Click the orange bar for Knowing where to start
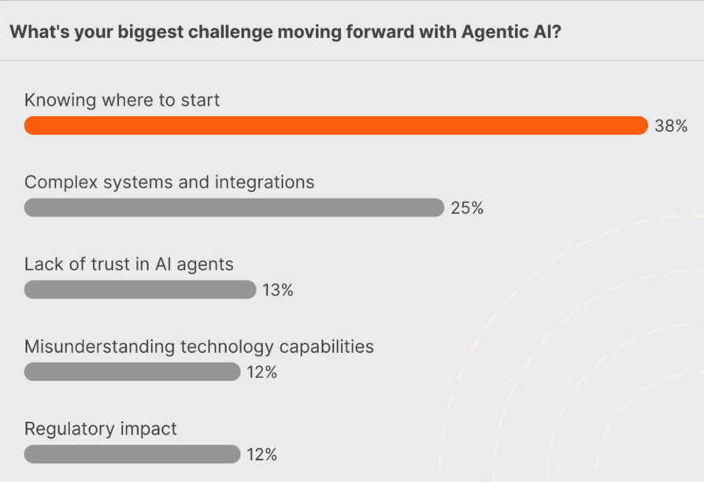(x=335, y=126)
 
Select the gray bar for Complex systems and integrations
(x=234, y=208)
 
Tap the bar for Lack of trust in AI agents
(x=140, y=290)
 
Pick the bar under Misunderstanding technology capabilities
(x=132, y=372)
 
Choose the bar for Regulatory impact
(x=132, y=454)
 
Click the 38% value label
(x=671, y=126)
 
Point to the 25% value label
(x=467, y=209)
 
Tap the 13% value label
(x=278, y=291)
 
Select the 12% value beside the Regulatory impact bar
(x=261, y=454)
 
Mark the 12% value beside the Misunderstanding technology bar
(x=261, y=373)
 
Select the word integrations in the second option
(x=265, y=183)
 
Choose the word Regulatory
(x=69, y=429)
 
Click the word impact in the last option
(x=149, y=429)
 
